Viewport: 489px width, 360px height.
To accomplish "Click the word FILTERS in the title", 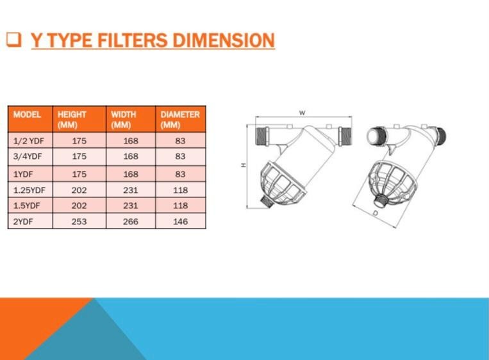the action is pos(133,40).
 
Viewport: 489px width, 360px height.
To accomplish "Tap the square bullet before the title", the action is pos(14,40).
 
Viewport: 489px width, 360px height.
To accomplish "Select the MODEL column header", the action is pos(27,115).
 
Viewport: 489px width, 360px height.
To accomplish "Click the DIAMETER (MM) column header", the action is pos(180,120).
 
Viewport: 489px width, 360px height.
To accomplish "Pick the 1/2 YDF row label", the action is pos(28,141).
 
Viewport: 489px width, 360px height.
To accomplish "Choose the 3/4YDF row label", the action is pos(28,156).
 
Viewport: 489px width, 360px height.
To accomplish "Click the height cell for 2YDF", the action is pos(79,222).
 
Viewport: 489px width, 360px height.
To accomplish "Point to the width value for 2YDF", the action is pos(130,222).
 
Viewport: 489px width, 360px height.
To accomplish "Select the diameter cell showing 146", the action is pos(180,222).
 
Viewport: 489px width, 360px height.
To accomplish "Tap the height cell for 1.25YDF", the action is pos(79,190).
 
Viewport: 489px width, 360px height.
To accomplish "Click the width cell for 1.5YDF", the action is pos(130,206).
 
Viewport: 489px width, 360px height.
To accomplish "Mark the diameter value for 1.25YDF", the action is pos(180,190).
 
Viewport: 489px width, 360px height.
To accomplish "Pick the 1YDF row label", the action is pos(23,174).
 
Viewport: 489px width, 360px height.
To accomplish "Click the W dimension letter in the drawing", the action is pos(303,113).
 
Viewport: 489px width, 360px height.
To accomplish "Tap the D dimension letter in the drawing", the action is pos(376,213).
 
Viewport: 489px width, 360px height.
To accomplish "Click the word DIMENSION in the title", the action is pos(223,40).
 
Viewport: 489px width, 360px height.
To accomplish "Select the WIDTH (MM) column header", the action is pos(124,120).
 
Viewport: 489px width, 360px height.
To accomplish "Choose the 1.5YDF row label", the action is pos(26,206).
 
